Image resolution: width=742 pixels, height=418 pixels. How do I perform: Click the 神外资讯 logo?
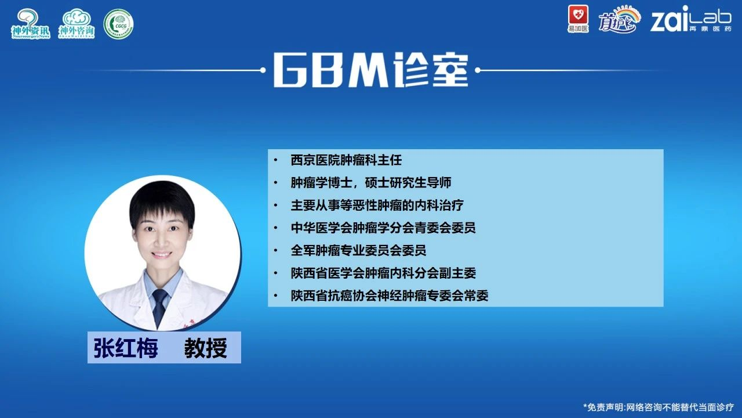coord(31,24)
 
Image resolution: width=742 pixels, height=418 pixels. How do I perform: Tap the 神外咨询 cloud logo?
coord(77,24)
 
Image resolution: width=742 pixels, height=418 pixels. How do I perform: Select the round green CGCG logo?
coord(119,24)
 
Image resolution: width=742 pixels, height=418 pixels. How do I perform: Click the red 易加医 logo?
coord(579,19)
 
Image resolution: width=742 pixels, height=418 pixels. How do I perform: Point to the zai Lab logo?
coord(690,19)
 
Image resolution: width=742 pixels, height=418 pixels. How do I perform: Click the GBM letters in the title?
coord(332,70)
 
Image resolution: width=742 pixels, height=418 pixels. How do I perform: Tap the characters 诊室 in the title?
coord(430,70)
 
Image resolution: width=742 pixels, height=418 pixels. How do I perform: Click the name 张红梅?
coord(126,348)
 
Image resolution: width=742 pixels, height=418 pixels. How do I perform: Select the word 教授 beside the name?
coord(206,348)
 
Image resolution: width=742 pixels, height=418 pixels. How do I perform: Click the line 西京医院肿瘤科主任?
coord(346,160)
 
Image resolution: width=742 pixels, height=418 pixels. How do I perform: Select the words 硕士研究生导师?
coord(408,183)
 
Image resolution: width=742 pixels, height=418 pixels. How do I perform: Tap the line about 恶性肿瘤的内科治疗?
coord(377,206)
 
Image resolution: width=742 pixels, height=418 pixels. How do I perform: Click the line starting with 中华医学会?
coord(383,228)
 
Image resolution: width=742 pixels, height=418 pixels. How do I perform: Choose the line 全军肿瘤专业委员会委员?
coord(358,250)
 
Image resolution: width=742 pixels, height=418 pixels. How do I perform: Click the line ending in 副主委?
coord(383,273)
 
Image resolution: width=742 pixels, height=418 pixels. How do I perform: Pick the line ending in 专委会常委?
coord(390,296)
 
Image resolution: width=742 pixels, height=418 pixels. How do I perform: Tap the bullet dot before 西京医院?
coord(275,160)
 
